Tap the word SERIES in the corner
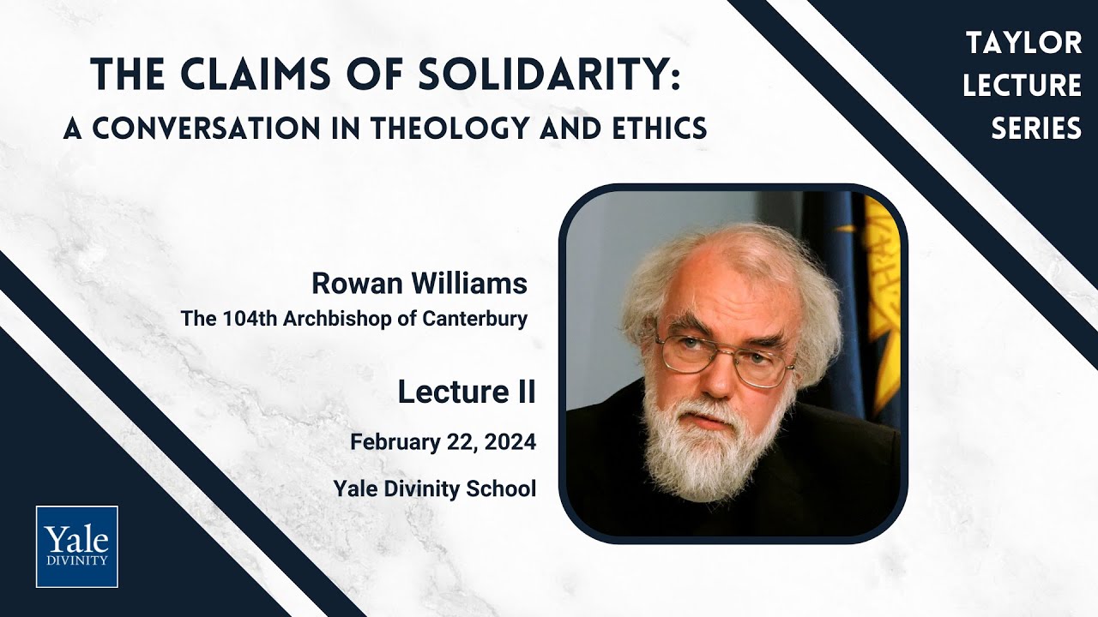pyautogui.click(x=1036, y=129)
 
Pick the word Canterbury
pyautogui.click(x=475, y=319)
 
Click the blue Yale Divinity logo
pyautogui.click(x=77, y=547)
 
